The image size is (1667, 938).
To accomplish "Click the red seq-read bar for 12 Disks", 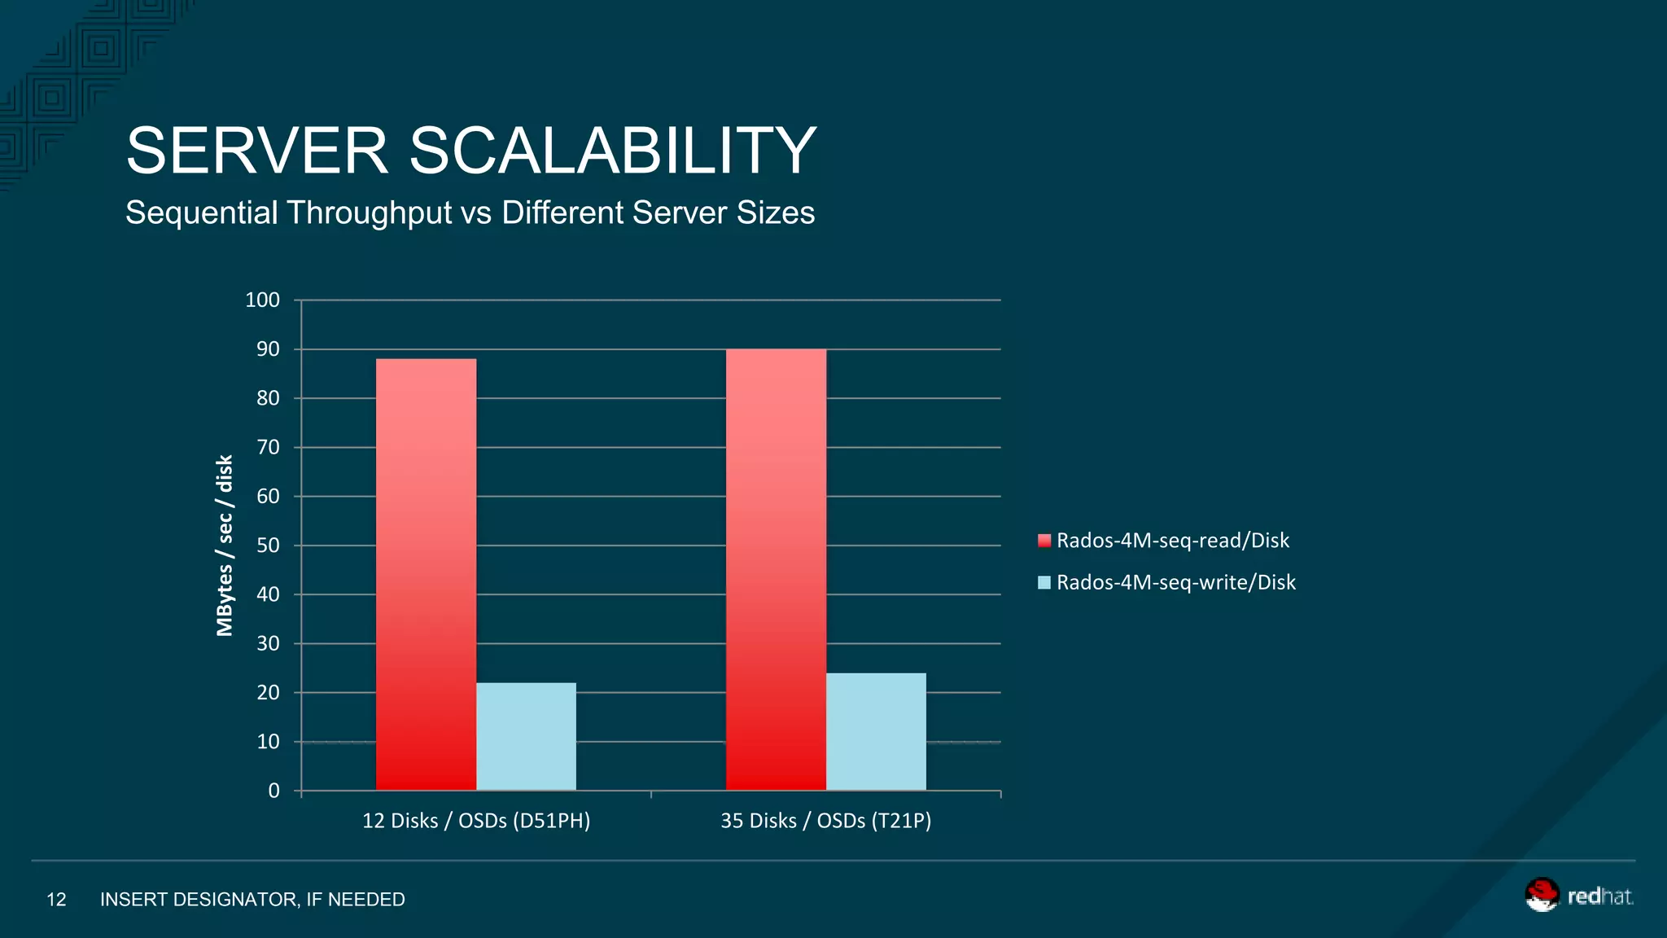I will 426,574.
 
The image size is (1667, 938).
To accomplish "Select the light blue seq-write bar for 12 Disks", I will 526,736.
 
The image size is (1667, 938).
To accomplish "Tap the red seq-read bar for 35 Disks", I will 776,569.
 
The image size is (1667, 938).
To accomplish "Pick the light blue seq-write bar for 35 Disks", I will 876,731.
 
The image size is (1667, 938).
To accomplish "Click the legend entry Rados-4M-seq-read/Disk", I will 1171,541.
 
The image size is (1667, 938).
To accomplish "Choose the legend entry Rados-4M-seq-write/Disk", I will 1175,582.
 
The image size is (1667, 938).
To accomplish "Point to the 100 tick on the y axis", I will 262,300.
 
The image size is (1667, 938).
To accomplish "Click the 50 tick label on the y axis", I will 268,546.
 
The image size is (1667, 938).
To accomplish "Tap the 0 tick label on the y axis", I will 273,791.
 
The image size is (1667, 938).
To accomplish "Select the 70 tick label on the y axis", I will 268,447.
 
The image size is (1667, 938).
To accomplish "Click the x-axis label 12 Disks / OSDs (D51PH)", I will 476,821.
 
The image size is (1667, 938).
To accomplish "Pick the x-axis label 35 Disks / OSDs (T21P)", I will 825,821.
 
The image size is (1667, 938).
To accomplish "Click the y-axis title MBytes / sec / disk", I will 225,545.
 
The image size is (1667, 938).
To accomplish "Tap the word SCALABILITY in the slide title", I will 612,151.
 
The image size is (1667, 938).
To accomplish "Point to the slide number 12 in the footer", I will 56,900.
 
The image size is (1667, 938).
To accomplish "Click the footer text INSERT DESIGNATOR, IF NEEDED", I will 252,900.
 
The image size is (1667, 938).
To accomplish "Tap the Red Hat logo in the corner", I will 1577,896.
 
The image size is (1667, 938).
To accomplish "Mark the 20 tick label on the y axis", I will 268,693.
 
